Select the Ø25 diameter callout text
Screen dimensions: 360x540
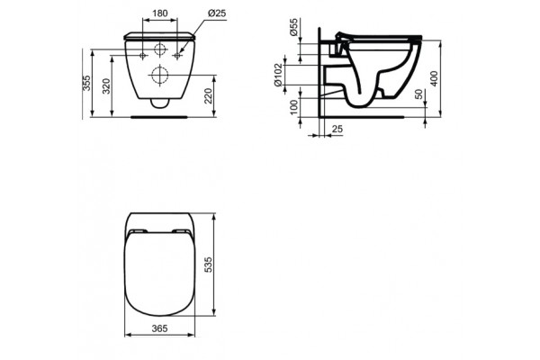[x=217, y=13]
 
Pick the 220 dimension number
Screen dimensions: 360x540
[x=210, y=96]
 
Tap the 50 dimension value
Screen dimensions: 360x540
[x=418, y=96]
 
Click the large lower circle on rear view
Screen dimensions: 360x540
[x=161, y=73]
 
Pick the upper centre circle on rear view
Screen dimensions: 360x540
[x=161, y=49]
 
